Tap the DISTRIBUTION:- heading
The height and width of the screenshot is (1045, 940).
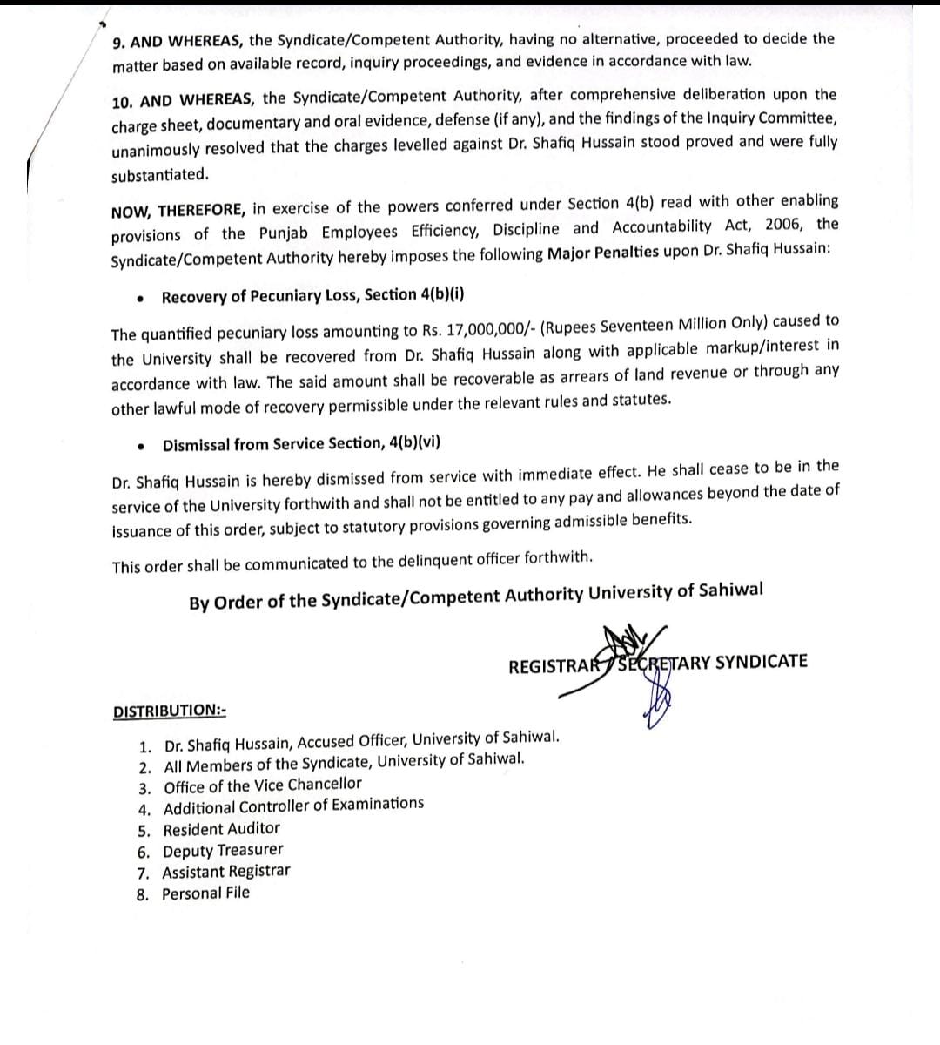click(x=170, y=711)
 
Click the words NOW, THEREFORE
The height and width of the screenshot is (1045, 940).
click(x=179, y=212)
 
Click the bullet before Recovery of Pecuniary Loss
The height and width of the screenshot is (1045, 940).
click(x=140, y=298)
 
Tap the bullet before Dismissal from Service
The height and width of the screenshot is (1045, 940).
click(x=141, y=447)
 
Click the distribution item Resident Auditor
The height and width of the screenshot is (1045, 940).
click(x=221, y=829)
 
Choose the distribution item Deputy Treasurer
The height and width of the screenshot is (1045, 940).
click(x=223, y=851)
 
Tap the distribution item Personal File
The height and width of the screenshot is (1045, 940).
click(x=205, y=893)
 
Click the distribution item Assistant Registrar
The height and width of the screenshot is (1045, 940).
click(x=226, y=872)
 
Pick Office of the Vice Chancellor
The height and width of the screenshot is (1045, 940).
click(x=262, y=785)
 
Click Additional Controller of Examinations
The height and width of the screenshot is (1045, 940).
click(x=293, y=806)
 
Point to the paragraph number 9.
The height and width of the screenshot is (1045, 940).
click(x=118, y=42)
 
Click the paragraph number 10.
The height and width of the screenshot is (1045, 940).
click(x=122, y=101)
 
